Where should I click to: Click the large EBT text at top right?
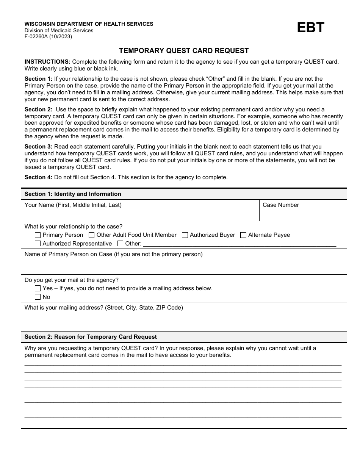click(x=311, y=28)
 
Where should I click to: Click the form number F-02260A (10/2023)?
click(x=48, y=37)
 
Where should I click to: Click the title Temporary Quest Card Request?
click(x=184, y=51)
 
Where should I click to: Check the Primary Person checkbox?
click(x=38, y=235)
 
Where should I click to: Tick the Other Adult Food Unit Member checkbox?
click(x=91, y=235)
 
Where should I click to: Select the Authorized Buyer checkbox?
click(x=185, y=235)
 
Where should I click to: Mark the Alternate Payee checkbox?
click(x=243, y=235)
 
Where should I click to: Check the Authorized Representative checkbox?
click(x=38, y=244)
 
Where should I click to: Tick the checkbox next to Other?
click(x=120, y=244)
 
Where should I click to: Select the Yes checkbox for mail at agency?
click(x=38, y=288)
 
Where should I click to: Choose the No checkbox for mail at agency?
click(x=38, y=297)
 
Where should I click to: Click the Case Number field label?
click(x=281, y=205)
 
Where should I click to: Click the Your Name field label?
click(x=73, y=205)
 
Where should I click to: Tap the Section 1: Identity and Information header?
click(x=73, y=194)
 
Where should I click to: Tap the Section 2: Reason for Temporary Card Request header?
click(x=91, y=337)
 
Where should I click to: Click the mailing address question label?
click(x=103, y=308)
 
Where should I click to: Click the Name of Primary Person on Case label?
click(x=113, y=254)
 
